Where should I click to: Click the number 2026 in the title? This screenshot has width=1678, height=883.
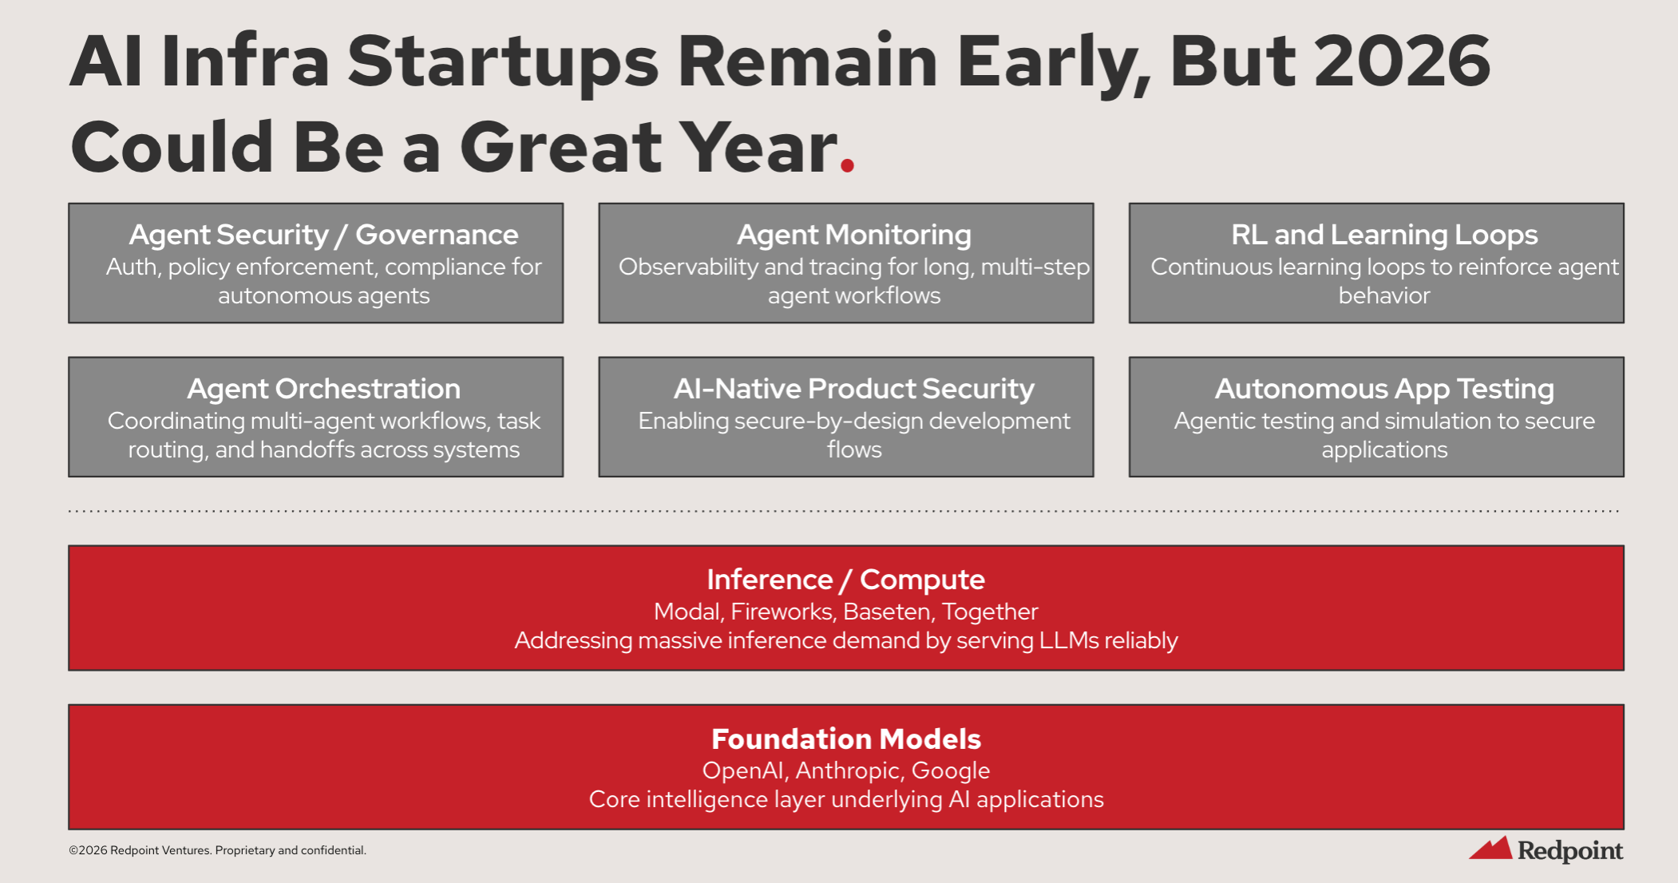[1402, 61]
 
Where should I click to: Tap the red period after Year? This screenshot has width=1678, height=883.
[847, 164]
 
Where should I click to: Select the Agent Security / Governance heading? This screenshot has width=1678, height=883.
[323, 235]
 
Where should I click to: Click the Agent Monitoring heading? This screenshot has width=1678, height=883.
[853, 235]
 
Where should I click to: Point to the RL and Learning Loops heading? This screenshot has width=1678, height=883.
[1384, 235]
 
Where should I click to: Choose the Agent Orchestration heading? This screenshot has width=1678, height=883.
[323, 389]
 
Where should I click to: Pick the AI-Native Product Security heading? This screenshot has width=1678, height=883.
[853, 389]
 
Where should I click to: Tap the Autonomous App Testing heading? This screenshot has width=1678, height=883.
[1384, 389]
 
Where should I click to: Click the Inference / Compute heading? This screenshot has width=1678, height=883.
[845, 580]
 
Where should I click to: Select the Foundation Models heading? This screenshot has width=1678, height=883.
[845, 738]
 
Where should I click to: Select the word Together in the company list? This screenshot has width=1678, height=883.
[990, 612]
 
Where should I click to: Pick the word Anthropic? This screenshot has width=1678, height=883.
[850, 771]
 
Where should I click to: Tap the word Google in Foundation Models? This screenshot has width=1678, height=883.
[951, 771]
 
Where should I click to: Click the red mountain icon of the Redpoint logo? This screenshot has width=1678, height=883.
[1491, 848]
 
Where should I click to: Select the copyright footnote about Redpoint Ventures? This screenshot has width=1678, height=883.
[217, 850]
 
